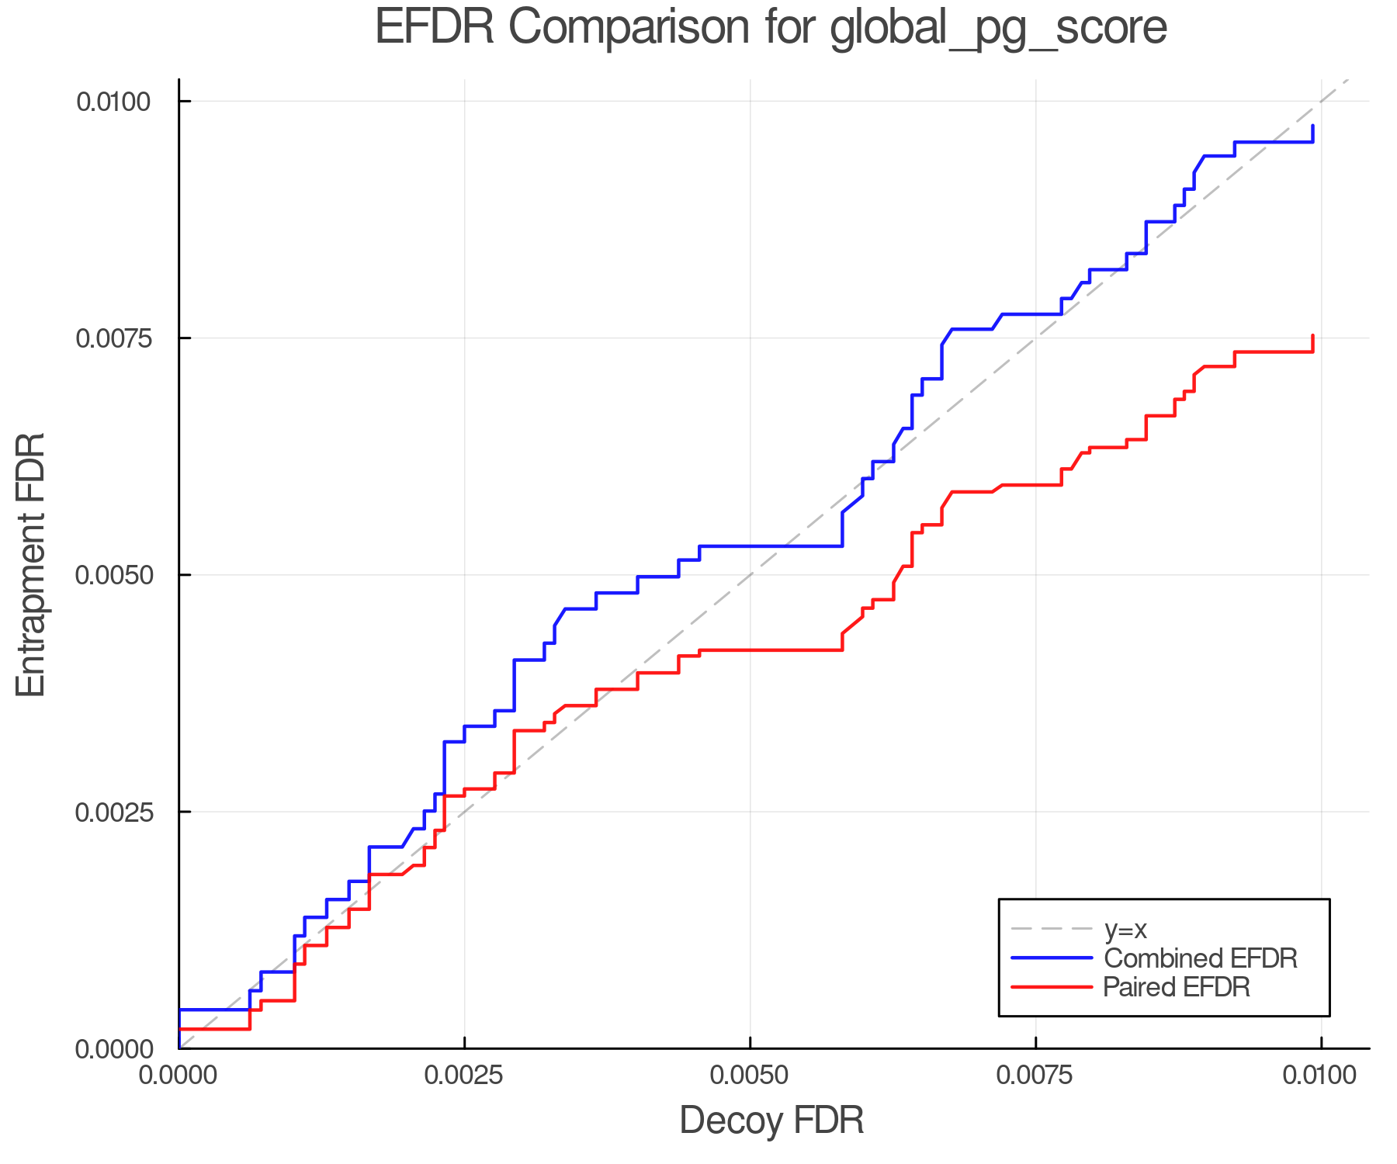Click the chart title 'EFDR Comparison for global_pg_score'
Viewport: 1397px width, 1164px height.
[x=771, y=28]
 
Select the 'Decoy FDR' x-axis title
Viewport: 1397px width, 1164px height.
[x=771, y=1121]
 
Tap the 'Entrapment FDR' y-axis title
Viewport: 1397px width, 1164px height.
[x=32, y=565]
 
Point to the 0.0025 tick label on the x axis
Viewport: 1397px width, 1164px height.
[x=464, y=1075]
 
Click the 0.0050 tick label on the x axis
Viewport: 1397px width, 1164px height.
[x=750, y=1075]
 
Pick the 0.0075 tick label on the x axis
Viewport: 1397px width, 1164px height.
[x=1035, y=1075]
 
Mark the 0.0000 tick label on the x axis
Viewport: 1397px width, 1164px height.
[x=179, y=1075]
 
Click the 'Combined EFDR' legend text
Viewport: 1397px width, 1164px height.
[x=1200, y=958]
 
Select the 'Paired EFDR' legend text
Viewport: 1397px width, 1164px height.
[x=1177, y=987]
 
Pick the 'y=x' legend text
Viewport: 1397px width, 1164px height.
[x=1125, y=929]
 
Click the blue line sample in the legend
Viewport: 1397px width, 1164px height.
[x=1052, y=958]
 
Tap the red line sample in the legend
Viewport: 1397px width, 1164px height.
[x=1052, y=987]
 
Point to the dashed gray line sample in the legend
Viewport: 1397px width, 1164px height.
[x=1052, y=929]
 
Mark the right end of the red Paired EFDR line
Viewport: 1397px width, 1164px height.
[x=1312, y=336]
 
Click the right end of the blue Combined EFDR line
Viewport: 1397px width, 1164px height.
[x=1312, y=126]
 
